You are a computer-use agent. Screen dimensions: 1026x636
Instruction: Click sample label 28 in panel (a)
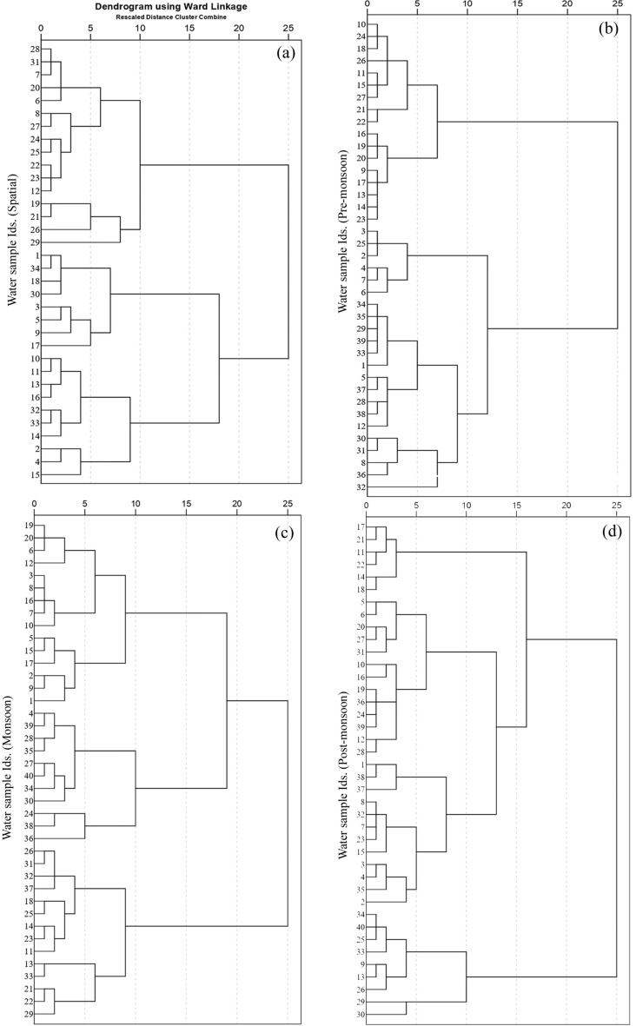[x=35, y=50]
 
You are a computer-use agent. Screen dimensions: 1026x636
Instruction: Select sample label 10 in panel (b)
[x=361, y=24]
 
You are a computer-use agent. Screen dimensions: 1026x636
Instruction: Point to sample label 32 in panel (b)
[x=361, y=487]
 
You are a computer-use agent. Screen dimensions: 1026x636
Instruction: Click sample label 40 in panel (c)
[x=30, y=776]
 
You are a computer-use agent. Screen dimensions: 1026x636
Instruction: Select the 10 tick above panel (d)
[x=467, y=504]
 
